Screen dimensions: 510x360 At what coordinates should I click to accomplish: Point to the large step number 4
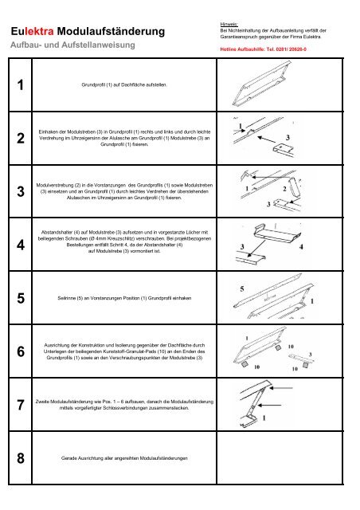coord(17,245)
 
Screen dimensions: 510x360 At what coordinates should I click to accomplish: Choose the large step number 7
coord(17,406)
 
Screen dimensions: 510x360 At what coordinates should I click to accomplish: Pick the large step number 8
coord(17,460)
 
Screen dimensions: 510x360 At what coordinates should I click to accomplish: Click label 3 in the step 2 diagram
coord(309,136)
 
